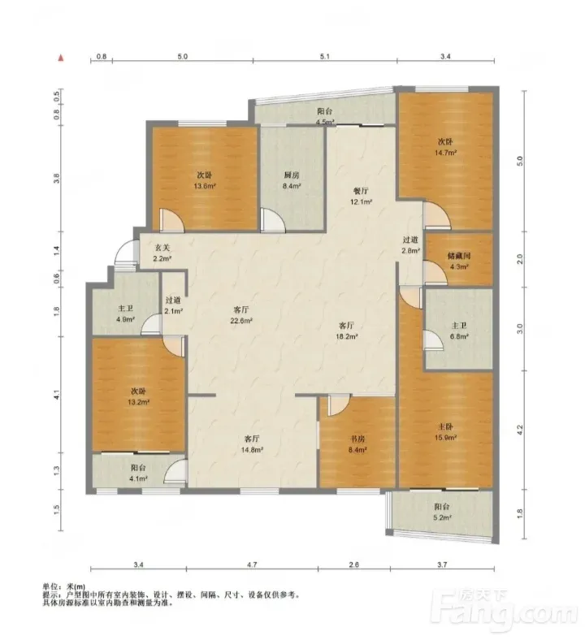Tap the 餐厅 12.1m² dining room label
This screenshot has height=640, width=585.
pos(362,196)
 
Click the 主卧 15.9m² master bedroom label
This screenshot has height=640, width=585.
pos(445,432)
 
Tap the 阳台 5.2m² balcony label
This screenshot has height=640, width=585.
pos(442,512)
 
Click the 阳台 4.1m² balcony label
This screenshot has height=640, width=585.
pos(138,473)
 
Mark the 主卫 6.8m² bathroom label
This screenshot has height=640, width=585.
pos(459,331)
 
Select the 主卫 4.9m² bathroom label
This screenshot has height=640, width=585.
pos(125,314)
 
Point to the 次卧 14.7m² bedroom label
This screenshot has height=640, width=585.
pos(445,147)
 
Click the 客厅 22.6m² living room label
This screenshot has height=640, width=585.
pos(241,315)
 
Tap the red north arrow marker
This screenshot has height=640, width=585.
pos(61,58)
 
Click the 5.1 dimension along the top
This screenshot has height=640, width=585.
pos(324,56)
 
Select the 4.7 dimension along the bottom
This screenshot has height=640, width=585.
pos(252,564)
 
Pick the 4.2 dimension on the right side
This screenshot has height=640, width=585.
pos(520,430)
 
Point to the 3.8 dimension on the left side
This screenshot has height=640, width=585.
pos(57,178)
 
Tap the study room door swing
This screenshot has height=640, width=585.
pos(339,405)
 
